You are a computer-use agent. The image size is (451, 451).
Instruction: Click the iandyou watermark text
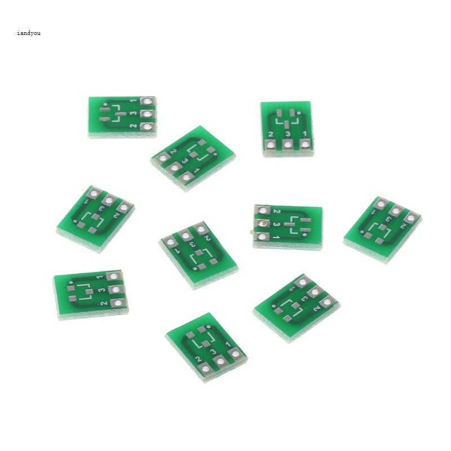(29, 33)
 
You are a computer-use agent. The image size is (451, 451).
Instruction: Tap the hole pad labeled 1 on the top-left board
(148, 102)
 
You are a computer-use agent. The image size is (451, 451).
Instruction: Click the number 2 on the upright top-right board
(271, 134)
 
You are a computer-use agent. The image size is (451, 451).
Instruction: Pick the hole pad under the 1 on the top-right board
(305, 144)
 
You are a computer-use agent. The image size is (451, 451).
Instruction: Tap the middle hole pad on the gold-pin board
(261, 224)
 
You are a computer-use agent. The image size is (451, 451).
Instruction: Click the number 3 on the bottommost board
(213, 352)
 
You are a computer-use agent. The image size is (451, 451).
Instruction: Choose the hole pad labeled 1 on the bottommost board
(235, 354)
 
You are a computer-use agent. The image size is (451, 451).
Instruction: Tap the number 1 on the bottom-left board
(99, 277)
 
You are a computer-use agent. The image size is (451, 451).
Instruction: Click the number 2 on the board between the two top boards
(173, 151)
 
